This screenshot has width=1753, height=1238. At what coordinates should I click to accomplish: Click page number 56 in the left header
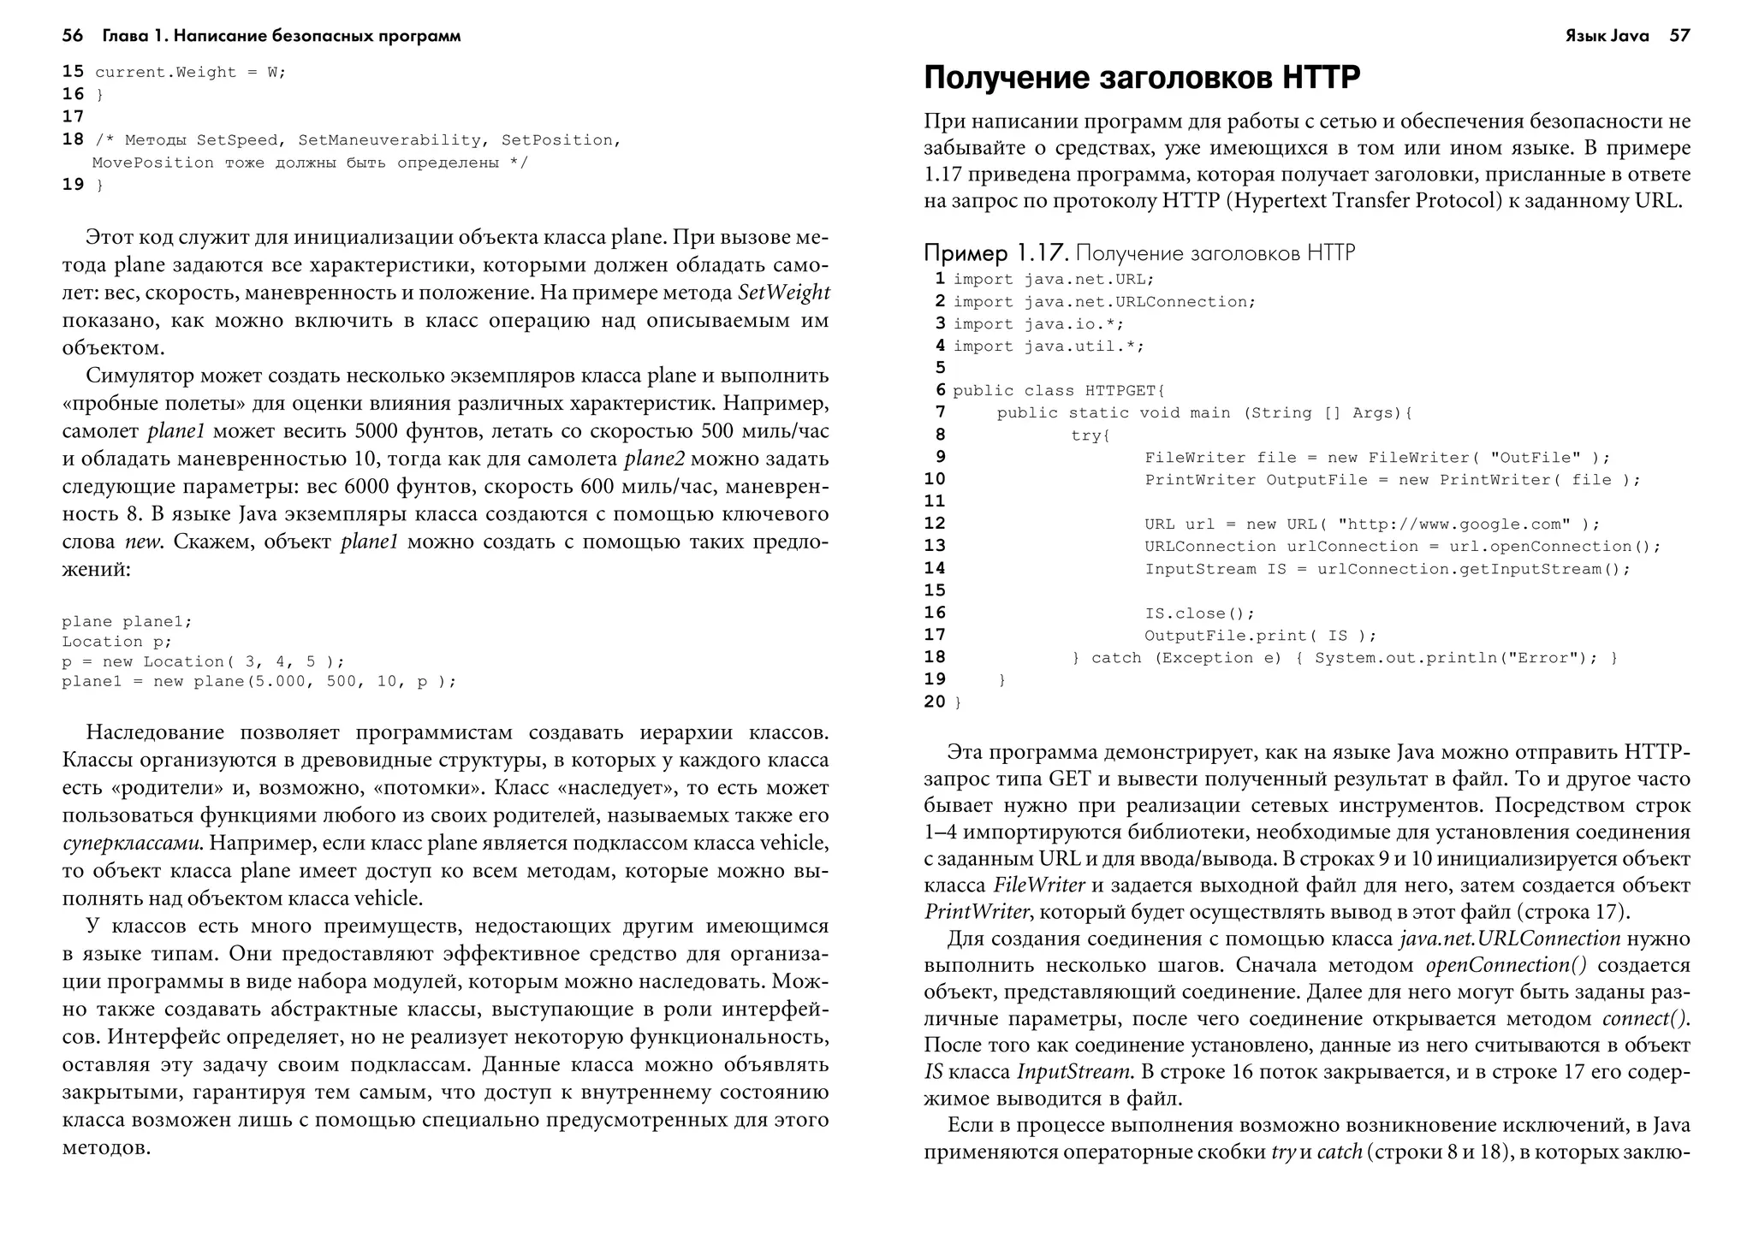point(73,36)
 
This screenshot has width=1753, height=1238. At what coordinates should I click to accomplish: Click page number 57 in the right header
point(1679,36)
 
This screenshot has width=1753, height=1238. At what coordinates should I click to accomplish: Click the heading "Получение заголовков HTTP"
point(1142,78)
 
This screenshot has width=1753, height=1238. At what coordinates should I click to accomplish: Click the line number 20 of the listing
point(935,702)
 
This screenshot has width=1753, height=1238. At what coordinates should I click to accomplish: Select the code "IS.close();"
point(1199,613)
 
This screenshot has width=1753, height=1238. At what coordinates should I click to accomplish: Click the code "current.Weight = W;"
point(190,73)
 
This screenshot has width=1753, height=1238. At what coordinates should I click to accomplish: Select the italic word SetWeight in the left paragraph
point(783,293)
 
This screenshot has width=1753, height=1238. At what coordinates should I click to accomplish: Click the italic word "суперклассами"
point(133,844)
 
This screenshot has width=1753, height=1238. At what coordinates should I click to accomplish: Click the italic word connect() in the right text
point(1645,1019)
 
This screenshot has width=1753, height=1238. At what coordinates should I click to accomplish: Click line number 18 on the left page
point(73,139)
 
